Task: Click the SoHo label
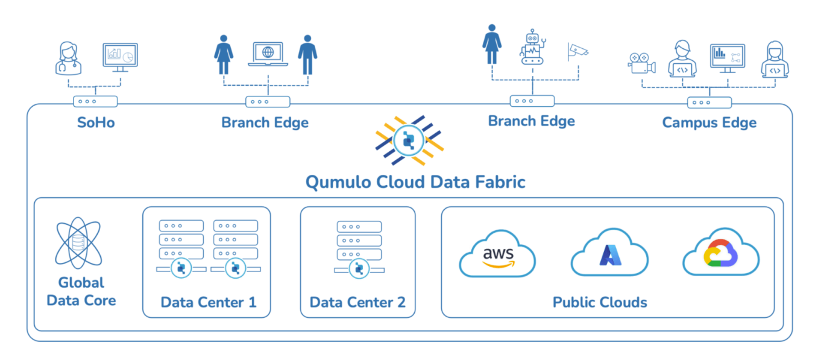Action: coord(96,123)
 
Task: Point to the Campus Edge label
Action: coord(709,123)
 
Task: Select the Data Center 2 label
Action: coord(357,302)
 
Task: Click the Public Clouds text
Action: coord(600,302)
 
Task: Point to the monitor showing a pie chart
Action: coord(121,56)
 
